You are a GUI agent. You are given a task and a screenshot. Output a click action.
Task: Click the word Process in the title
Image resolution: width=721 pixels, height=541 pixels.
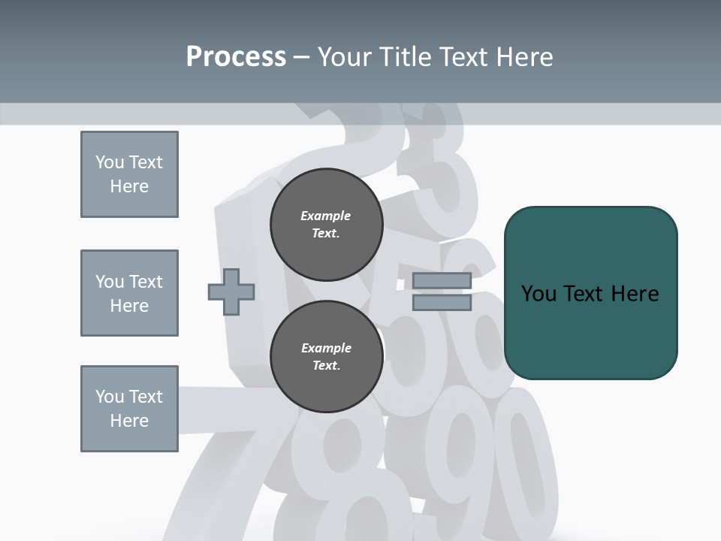click(236, 57)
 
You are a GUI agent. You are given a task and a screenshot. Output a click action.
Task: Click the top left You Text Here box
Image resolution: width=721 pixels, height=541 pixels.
click(129, 174)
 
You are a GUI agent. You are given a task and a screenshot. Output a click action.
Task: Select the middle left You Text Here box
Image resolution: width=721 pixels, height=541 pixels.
click(129, 293)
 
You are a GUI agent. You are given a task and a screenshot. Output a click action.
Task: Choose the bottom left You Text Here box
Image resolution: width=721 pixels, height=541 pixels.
click(129, 409)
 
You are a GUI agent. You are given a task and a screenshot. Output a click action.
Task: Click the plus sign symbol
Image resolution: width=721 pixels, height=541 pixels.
click(231, 292)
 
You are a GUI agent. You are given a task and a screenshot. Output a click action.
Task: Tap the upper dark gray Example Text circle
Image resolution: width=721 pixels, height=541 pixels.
click(326, 225)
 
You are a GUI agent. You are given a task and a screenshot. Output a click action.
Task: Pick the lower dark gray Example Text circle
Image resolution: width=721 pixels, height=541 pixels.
click(326, 357)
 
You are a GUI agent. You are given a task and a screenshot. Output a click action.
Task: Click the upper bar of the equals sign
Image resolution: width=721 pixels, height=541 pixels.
click(442, 281)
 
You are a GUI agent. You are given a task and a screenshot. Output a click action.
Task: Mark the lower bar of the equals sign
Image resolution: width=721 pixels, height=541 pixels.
click(442, 303)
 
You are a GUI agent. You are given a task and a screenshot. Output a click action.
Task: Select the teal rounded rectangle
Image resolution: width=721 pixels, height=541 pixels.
click(590, 293)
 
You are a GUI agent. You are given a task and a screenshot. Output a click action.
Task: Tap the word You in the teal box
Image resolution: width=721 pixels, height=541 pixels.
click(539, 294)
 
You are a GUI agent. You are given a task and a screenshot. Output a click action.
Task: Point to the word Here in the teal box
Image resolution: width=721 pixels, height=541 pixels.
click(635, 294)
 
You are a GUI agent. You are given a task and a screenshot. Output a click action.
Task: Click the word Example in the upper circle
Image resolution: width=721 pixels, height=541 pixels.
click(326, 216)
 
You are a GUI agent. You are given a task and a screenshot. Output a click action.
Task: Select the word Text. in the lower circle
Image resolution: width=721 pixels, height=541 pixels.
click(326, 366)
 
